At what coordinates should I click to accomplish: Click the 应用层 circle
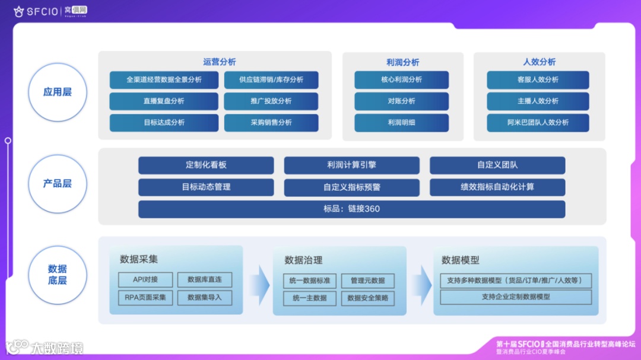pos(58,93)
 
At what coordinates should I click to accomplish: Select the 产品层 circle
pos(58,184)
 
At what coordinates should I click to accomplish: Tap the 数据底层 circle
pos(58,275)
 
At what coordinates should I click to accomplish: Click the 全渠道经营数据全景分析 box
pos(164,80)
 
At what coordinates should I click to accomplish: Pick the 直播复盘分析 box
pos(164,101)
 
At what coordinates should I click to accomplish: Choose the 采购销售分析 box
pos(271,123)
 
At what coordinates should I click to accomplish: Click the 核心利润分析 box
pos(402,80)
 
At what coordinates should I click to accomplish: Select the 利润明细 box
pos(402,123)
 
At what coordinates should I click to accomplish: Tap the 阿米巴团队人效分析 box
pos(538,123)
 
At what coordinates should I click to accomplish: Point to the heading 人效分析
pos(539,62)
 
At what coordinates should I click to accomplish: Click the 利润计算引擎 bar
pos(351,165)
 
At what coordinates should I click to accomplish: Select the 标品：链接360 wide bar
pos(351,209)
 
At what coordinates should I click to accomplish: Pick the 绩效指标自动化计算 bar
pos(497,187)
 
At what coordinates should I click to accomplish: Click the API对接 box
pos(145,280)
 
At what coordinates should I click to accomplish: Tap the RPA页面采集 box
pos(145,298)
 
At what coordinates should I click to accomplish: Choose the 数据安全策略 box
pos(368,298)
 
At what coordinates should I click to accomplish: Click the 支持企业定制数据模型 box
pos(516,297)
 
